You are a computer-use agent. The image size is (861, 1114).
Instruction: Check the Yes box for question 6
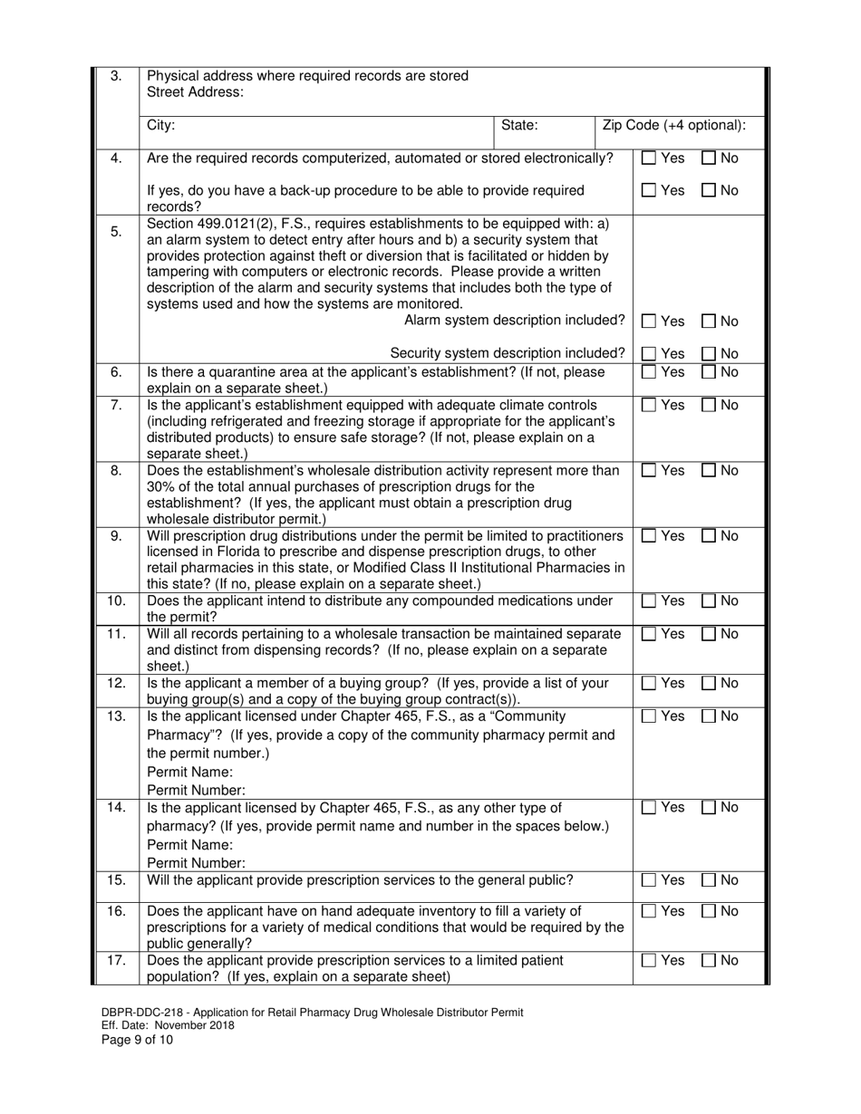649,372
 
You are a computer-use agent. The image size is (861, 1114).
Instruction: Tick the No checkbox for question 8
710,470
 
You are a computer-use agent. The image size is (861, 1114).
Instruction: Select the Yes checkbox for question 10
649,601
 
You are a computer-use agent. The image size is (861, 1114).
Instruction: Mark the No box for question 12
710,684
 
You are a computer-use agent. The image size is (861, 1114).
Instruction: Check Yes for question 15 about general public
649,879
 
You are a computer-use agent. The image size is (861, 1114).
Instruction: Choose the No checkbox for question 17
710,960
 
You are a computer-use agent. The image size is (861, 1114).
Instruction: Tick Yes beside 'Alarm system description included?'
649,321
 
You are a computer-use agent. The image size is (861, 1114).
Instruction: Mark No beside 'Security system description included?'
710,353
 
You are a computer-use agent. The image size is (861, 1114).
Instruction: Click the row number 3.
116,76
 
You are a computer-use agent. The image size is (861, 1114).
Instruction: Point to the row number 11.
116,634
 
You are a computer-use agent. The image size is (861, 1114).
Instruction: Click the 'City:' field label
161,126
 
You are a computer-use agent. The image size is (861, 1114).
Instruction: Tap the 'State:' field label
519,126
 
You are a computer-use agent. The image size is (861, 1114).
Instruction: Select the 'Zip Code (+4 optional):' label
674,126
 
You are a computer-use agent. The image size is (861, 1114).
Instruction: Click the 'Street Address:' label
195,92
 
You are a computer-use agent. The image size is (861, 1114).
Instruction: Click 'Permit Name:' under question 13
189,773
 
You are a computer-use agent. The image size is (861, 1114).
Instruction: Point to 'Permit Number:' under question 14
196,863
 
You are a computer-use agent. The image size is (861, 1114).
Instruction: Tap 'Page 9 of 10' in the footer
133,1040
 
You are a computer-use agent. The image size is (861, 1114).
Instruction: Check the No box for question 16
710,911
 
